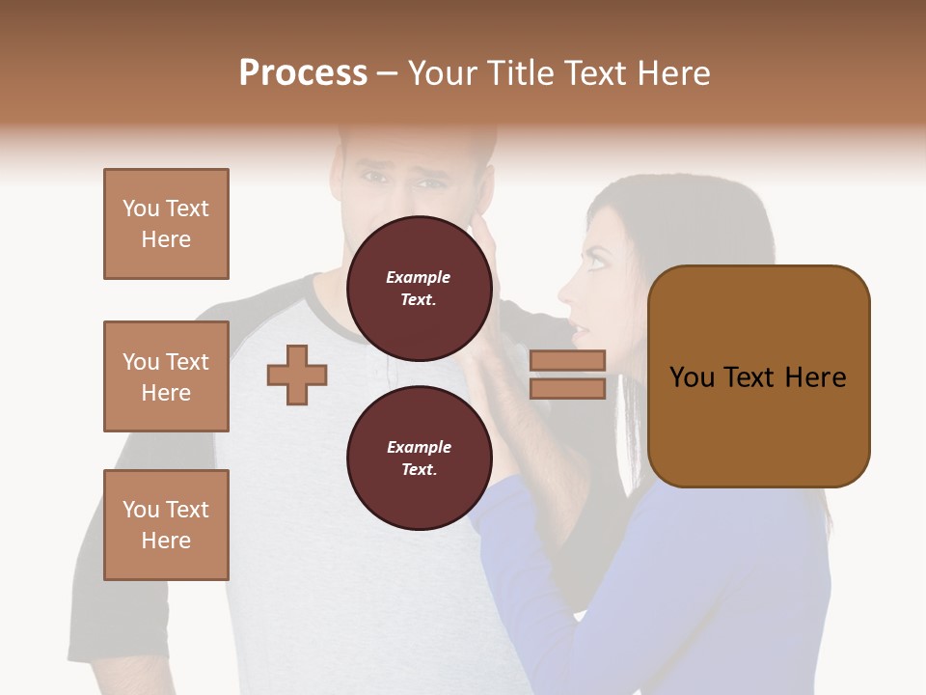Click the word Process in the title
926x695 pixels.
point(303,73)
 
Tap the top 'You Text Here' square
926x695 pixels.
point(166,224)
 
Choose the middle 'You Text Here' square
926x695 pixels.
point(166,376)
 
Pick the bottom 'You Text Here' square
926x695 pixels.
point(166,524)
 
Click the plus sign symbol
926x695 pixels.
point(297,374)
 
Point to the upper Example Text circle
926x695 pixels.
point(419,288)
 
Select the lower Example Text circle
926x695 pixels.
point(419,458)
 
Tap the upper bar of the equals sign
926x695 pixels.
point(567,361)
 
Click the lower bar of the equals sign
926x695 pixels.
point(567,388)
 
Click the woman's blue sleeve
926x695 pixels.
point(540,579)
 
